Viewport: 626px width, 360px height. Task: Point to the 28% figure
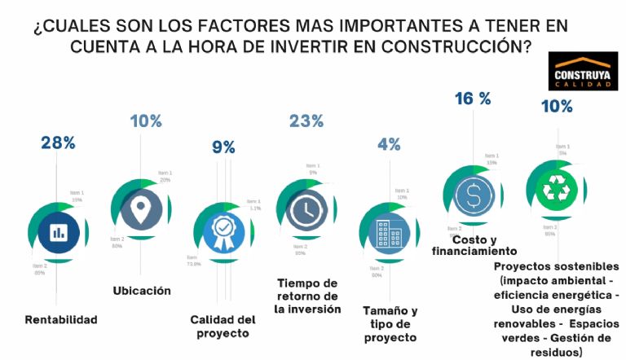[58, 143]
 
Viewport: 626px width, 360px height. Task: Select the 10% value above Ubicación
[146, 121]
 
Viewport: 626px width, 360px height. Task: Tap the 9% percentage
[223, 147]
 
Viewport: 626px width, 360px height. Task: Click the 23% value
[306, 121]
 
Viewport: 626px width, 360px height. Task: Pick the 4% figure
[389, 144]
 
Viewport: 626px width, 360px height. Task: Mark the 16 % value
[473, 99]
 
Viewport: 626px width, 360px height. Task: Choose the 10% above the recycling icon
[557, 106]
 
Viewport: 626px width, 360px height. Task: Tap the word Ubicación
[141, 290]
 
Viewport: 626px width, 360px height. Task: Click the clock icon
[304, 210]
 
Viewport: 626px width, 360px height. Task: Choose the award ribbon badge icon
[223, 233]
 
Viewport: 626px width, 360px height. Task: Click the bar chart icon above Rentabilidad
[58, 232]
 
